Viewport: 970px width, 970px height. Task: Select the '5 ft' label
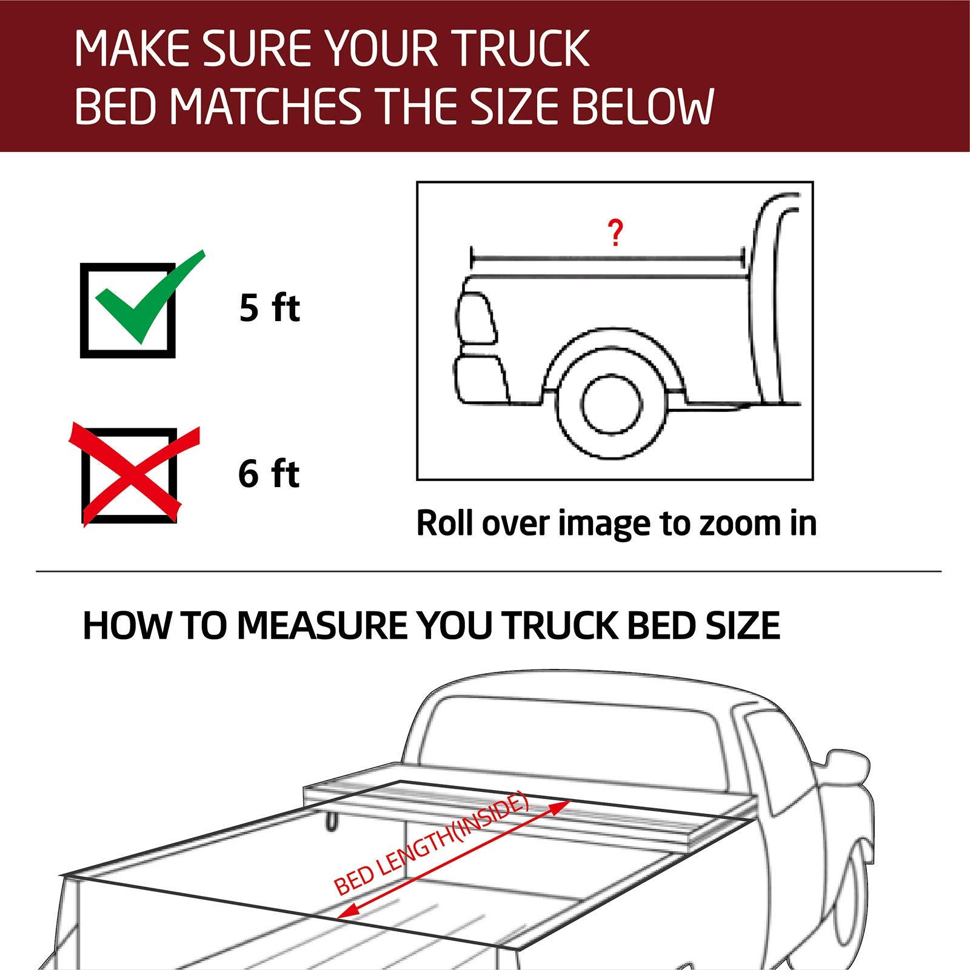click(269, 308)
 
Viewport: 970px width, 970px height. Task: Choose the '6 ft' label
click(269, 474)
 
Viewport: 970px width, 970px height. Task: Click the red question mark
click(615, 233)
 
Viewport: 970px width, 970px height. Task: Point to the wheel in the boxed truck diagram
click(610, 405)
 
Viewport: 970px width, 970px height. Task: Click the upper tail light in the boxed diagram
click(477, 318)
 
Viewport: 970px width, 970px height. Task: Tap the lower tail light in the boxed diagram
click(481, 379)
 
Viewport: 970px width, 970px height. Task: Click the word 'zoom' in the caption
click(740, 523)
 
